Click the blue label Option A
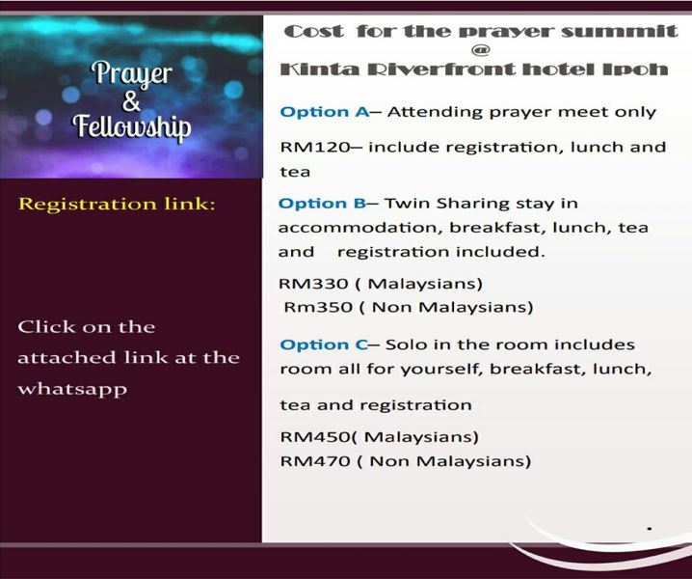click(x=325, y=112)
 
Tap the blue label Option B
click(x=322, y=204)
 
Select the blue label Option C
click(x=324, y=345)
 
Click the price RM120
click(x=315, y=147)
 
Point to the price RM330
click(x=313, y=284)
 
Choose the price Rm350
click(x=318, y=307)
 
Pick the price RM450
click(x=315, y=437)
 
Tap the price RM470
click(x=315, y=461)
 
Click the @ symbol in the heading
click(x=480, y=50)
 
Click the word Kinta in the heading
click(x=320, y=69)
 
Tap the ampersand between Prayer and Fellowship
click(x=131, y=101)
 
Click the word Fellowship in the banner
click(x=132, y=126)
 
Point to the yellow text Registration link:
click(x=117, y=204)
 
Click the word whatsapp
click(x=72, y=390)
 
